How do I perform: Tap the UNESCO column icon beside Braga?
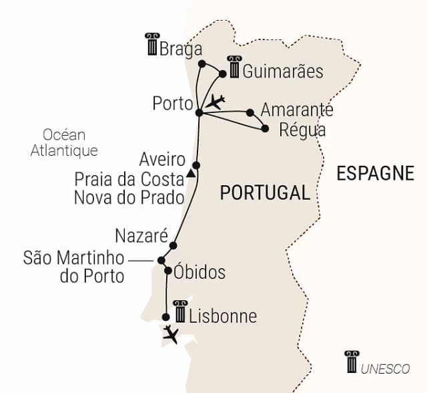tap(151, 44)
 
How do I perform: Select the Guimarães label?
tap(274, 71)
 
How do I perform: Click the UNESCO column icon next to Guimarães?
tap(234, 66)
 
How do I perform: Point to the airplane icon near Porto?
tap(216, 102)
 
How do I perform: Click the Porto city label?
tap(172, 104)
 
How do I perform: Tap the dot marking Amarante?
tap(250, 112)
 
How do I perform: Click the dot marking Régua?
tap(265, 128)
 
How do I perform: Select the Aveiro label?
tap(162, 160)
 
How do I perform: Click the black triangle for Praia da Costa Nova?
tap(191, 174)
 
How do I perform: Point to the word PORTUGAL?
tap(265, 193)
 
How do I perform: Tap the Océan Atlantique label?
tap(64, 142)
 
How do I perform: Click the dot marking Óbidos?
tap(167, 271)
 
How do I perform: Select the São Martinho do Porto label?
tap(73, 266)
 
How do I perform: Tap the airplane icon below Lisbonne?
tap(171, 334)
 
